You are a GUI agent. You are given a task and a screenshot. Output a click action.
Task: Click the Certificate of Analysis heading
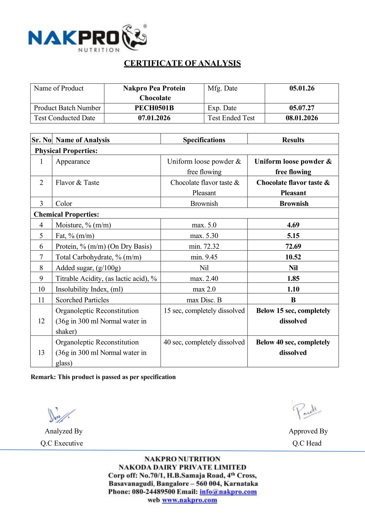click(x=182, y=63)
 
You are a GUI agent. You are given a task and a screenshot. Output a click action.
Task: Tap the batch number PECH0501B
click(x=154, y=108)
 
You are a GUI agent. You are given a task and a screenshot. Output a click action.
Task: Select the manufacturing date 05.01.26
click(x=302, y=88)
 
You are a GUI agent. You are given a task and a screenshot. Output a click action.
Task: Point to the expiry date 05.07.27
click(x=302, y=108)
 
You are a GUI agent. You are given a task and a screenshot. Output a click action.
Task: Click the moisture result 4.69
click(x=293, y=225)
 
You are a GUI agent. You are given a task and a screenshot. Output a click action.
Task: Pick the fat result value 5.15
click(x=293, y=236)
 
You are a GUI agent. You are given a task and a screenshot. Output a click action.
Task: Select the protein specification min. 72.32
click(x=204, y=246)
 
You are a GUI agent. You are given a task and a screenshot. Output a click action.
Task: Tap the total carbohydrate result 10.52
click(x=293, y=257)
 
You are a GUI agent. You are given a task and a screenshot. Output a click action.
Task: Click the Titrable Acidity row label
click(x=106, y=278)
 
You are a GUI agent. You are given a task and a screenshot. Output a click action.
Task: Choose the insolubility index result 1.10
click(x=293, y=289)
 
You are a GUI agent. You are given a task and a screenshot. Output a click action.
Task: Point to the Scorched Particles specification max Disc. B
click(x=204, y=300)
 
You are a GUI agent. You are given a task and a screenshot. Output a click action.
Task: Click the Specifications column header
click(x=204, y=140)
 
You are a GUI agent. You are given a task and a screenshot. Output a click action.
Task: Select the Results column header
click(x=293, y=140)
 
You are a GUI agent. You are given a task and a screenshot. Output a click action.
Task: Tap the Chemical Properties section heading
click(x=66, y=214)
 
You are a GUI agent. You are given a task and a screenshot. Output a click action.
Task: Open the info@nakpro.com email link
click(x=228, y=492)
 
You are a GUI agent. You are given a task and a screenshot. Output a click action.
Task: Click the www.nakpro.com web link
click(x=189, y=500)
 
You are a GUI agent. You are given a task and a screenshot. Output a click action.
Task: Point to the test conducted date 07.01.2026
click(x=154, y=118)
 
